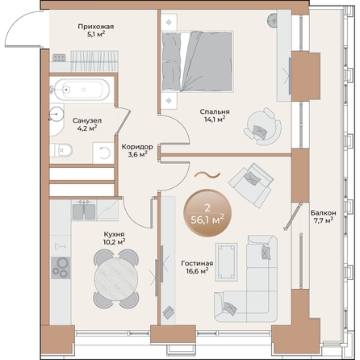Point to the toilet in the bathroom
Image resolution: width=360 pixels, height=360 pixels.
[65, 149]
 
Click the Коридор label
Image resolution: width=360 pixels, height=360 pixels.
[137, 147]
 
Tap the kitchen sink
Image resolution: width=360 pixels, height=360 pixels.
[83, 211]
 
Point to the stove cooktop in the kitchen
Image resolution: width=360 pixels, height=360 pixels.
[61, 266]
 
